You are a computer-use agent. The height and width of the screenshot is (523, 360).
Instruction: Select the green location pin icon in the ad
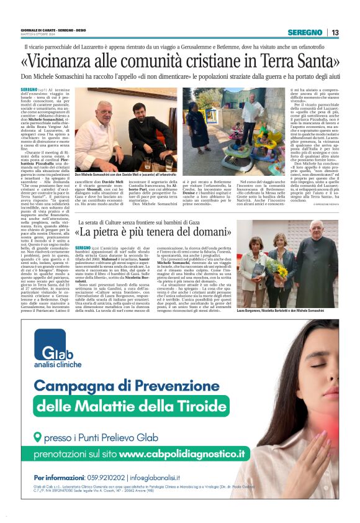[x=38, y=437]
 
